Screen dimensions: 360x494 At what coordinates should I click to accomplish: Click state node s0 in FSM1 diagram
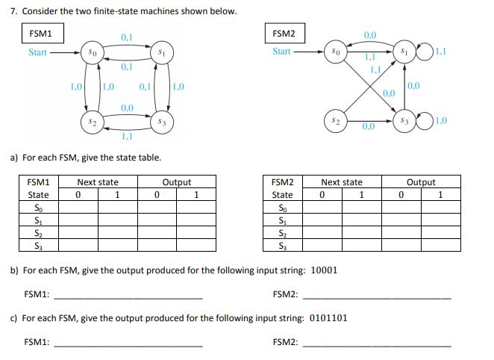[91, 53]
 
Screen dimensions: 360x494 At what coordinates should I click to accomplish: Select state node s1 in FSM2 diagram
[404, 53]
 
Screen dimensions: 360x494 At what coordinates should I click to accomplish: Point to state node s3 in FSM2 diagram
[404, 120]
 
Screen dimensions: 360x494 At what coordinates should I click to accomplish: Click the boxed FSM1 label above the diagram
[40, 34]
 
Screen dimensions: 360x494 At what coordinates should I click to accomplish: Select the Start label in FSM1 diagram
[37, 52]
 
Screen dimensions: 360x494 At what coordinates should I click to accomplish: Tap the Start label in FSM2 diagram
[282, 52]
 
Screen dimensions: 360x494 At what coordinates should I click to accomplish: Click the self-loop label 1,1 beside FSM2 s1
[441, 52]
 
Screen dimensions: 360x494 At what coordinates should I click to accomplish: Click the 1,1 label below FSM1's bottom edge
[126, 137]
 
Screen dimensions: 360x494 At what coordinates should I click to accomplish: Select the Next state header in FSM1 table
[98, 182]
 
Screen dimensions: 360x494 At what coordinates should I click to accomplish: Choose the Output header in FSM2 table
[421, 182]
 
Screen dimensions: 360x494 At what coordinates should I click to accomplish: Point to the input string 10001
[323, 270]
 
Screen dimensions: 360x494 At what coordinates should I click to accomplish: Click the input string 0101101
[327, 317]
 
